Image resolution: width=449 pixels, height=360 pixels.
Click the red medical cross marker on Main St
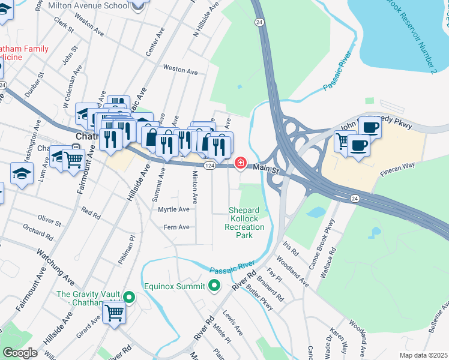click(x=241, y=163)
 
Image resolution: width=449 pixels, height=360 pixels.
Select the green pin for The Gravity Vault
click(x=128, y=297)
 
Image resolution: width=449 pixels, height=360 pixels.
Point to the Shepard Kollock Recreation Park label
click(x=244, y=223)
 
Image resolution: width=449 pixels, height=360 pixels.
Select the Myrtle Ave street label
click(x=173, y=209)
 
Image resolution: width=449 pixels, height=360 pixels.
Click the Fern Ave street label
click(x=177, y=227)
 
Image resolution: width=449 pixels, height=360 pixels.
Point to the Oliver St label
click(x=50, y=222)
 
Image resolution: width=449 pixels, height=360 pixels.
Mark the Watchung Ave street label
click(x=55, y=268)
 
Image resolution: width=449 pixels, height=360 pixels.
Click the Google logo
click(x=20, y=352)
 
